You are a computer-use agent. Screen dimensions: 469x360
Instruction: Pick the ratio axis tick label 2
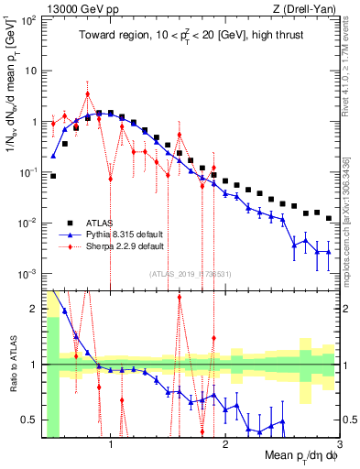(33, 308)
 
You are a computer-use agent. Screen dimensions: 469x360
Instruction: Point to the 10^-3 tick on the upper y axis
(27, 274)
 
